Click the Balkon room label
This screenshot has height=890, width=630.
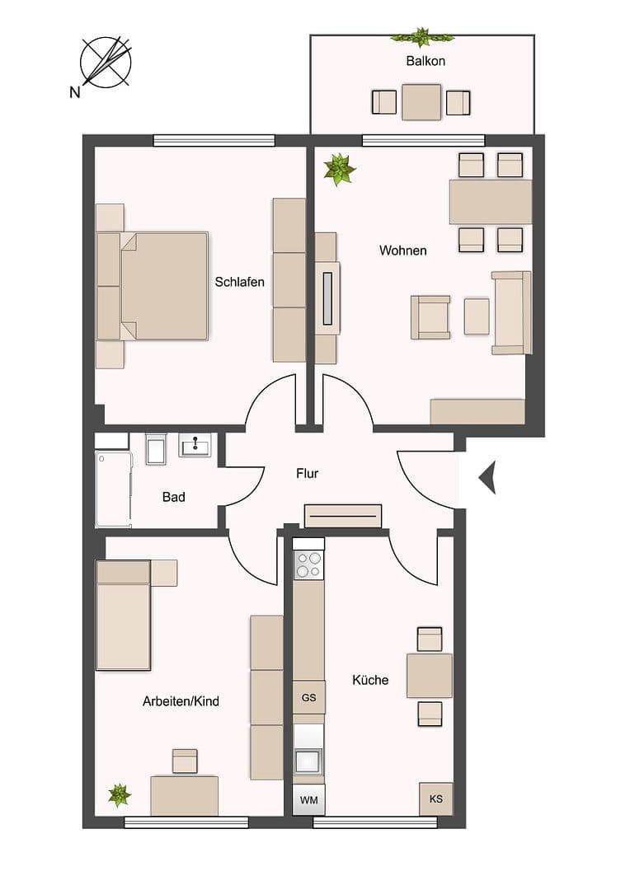425,61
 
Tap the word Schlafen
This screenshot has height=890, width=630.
239,282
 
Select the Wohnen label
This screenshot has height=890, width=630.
402,250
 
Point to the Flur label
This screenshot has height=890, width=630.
307,474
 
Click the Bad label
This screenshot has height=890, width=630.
173,497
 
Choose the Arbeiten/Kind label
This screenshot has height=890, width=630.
181,701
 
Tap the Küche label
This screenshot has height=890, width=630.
369,680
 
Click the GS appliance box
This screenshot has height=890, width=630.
308,697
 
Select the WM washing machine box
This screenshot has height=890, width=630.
308,799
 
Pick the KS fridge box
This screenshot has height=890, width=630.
435,799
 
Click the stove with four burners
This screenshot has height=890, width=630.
309,564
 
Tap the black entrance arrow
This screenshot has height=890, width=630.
487,477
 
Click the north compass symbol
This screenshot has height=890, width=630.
106,62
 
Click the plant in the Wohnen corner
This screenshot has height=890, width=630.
339,170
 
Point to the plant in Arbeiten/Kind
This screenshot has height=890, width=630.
120,795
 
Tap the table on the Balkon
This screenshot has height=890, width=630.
421,102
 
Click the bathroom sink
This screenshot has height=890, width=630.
195,446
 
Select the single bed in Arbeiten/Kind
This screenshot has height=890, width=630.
123,615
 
